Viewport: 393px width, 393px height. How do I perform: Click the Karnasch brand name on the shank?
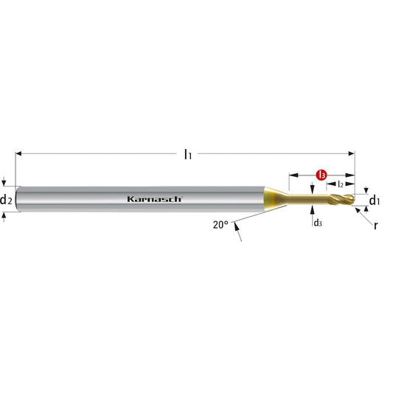tap(154, 199)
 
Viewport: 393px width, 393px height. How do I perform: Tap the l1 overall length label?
tap(188, 154)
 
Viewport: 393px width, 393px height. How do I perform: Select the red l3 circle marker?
tap(321, 175)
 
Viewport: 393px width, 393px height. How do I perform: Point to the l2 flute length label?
tap(340, 184)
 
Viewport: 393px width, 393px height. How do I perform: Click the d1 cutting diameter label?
tap(375, 201)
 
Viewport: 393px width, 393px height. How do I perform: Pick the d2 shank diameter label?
tap(6, 200)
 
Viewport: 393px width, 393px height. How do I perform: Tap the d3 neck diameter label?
tap(318, 223)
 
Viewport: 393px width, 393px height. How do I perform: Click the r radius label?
tap(375, 226)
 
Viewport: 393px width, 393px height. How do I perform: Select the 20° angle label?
tap(220, 225)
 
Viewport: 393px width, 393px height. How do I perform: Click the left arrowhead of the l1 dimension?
tap(18, 153)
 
